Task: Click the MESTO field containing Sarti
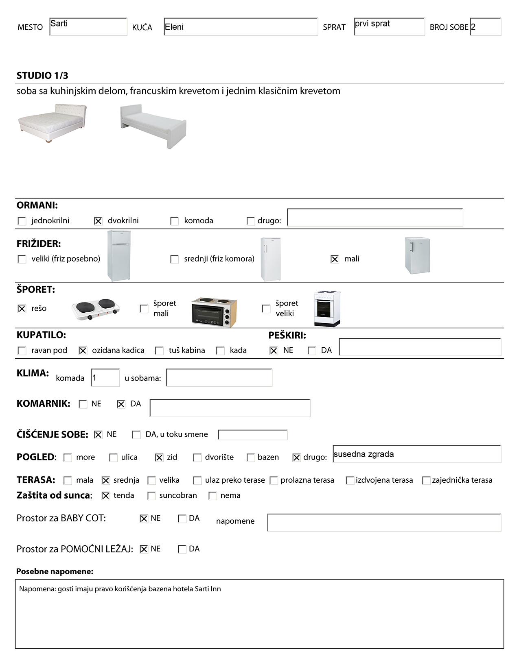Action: (88, 27)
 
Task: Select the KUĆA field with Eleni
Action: (241, 27)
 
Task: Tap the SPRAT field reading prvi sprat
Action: (389, 27)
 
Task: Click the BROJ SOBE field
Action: (486, 27)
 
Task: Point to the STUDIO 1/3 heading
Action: (42, 76)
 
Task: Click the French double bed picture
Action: (52, 123)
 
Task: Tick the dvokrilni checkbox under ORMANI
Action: (98, 221)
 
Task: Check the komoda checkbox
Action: (175, 221)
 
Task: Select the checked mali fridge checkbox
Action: (335, 259)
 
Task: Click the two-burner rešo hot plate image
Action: (96, 309)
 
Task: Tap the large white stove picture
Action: (327, 309)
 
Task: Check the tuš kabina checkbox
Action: (160, 351)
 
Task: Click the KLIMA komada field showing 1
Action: (105, 378)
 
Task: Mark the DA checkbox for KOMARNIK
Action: (121, 404)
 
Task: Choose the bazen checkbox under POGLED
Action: (251, 457)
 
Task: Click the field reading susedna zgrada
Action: (416, 454)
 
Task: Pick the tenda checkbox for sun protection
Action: (106, 496)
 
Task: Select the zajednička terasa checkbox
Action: (426, 480)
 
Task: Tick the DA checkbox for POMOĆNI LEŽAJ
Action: (182, 549)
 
